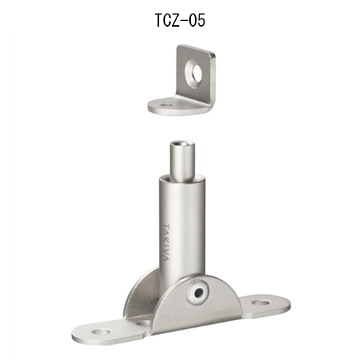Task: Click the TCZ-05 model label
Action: [x=180, y=20]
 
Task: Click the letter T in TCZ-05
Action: [x=159, y=20]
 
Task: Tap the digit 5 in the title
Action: [x=201, y=20]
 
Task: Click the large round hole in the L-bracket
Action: [x=194, y=74]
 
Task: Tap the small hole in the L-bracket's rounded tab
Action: [x=166, y=105]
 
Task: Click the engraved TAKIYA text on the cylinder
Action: [x=166, y=243]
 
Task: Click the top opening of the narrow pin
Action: [x=182, y=144]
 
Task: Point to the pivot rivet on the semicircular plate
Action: [x=198, y=292]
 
